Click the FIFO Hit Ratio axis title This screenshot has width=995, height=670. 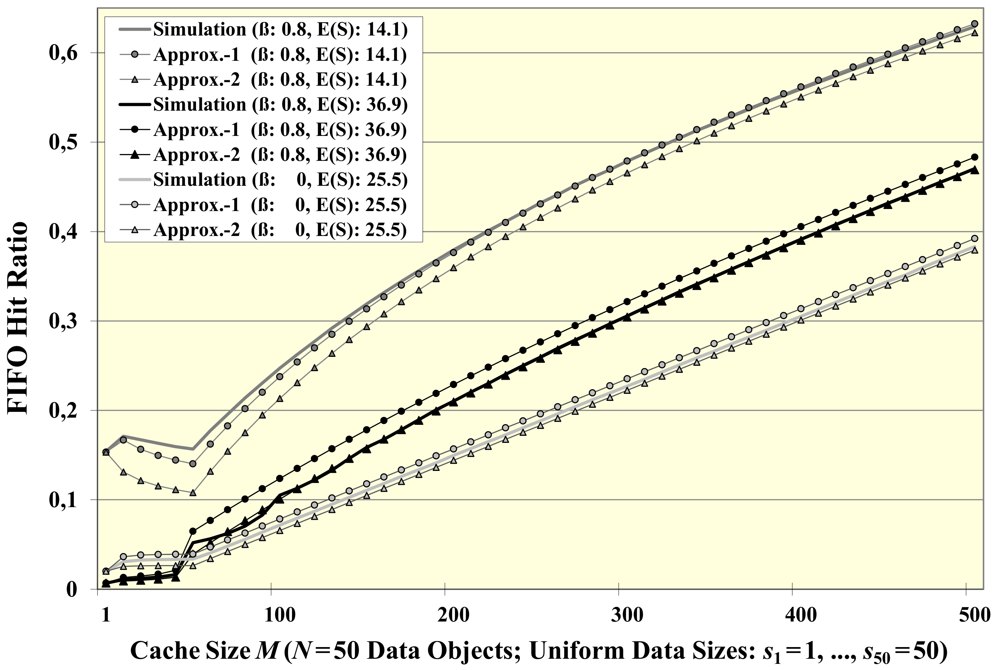coord(18,318)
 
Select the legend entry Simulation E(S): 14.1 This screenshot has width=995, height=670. coord(280,29)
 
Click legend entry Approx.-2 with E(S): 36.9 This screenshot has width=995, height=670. coord(280,155)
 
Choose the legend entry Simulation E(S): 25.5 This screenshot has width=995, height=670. coord(280,180)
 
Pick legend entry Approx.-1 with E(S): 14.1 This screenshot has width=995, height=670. coord(280,55)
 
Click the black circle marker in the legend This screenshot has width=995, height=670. coord(135,129)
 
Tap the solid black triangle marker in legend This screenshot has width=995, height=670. coord(135,155)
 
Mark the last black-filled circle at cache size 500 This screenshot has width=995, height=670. coord(975,157)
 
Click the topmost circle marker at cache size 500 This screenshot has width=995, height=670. coord(975,24)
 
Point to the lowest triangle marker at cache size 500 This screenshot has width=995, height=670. coord(975,250)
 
